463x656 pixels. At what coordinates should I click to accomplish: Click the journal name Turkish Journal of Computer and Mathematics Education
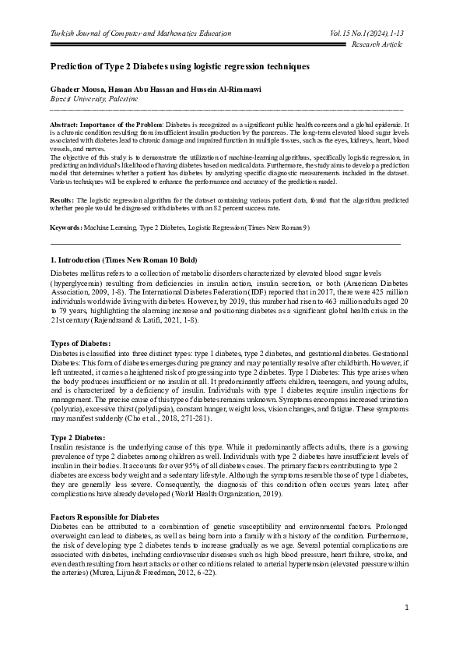click(x=141, y=34)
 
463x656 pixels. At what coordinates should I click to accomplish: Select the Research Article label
click(x=378, y=45)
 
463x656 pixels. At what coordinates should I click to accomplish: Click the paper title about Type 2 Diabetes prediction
click(x=181, y=67)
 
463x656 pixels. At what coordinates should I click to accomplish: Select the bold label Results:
click(x=61, y=199)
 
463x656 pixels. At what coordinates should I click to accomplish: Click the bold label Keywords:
click(x=65, y=227)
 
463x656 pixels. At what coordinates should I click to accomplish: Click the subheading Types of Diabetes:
click(x=80, y=343)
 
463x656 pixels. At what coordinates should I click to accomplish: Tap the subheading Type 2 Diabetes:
click(x=78, y=438)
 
